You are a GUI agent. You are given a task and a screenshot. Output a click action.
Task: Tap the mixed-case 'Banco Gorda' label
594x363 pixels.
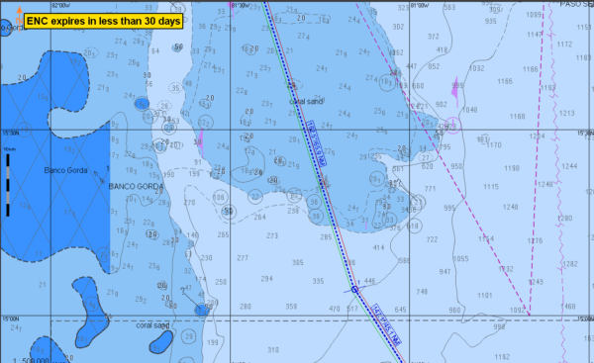[x=66, y=171]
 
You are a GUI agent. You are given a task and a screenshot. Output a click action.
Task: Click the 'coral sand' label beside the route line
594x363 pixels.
[x=305, y=101]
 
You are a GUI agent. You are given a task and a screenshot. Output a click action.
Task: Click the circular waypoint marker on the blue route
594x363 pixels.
[x=353, y=290]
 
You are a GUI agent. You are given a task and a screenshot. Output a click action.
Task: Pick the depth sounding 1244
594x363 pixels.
[x=568, y=166]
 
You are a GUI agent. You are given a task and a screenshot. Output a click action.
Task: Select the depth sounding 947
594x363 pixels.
[x=445, y=271]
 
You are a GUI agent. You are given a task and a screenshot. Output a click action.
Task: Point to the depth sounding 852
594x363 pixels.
[x=433, y=67]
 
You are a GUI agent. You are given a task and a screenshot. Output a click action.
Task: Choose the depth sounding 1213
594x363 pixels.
[x=567, y=113]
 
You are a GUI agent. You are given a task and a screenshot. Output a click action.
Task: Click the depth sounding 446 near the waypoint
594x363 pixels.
[x=369, y=282]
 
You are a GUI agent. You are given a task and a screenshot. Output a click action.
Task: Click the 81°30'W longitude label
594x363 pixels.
[x=239, y=5]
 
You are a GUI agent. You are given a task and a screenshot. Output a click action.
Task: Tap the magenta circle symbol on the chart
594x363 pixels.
[x=451, y=125]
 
